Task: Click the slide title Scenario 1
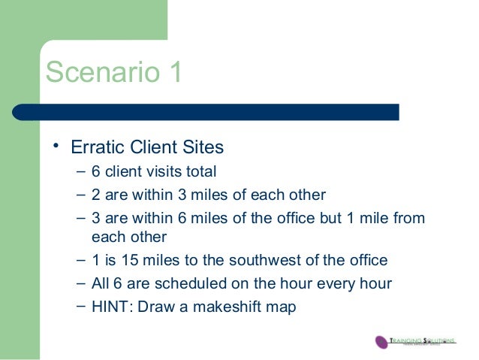pyautogui.click(x=113, y=73)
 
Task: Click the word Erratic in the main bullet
pyautogui.click(x=97, y=147)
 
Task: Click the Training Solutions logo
pyautogui.click(x=415, y=340)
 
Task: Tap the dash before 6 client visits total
pyautogui.click(x=80, y=172)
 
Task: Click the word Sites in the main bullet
pyautogui.click(x=203, y=147)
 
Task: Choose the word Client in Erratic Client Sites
pyautogui.click(x=153, y=147)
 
